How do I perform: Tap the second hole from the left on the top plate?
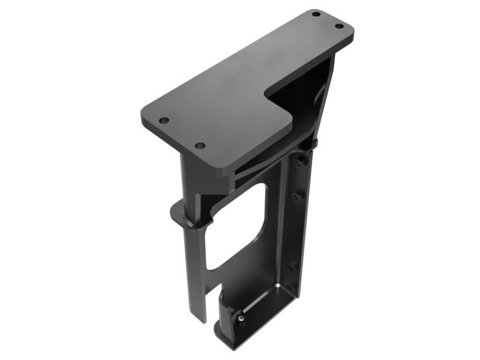point(200,146)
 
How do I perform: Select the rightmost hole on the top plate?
point(338,26)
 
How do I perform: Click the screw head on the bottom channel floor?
point(240,317)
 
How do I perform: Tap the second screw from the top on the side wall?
point(295,195)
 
